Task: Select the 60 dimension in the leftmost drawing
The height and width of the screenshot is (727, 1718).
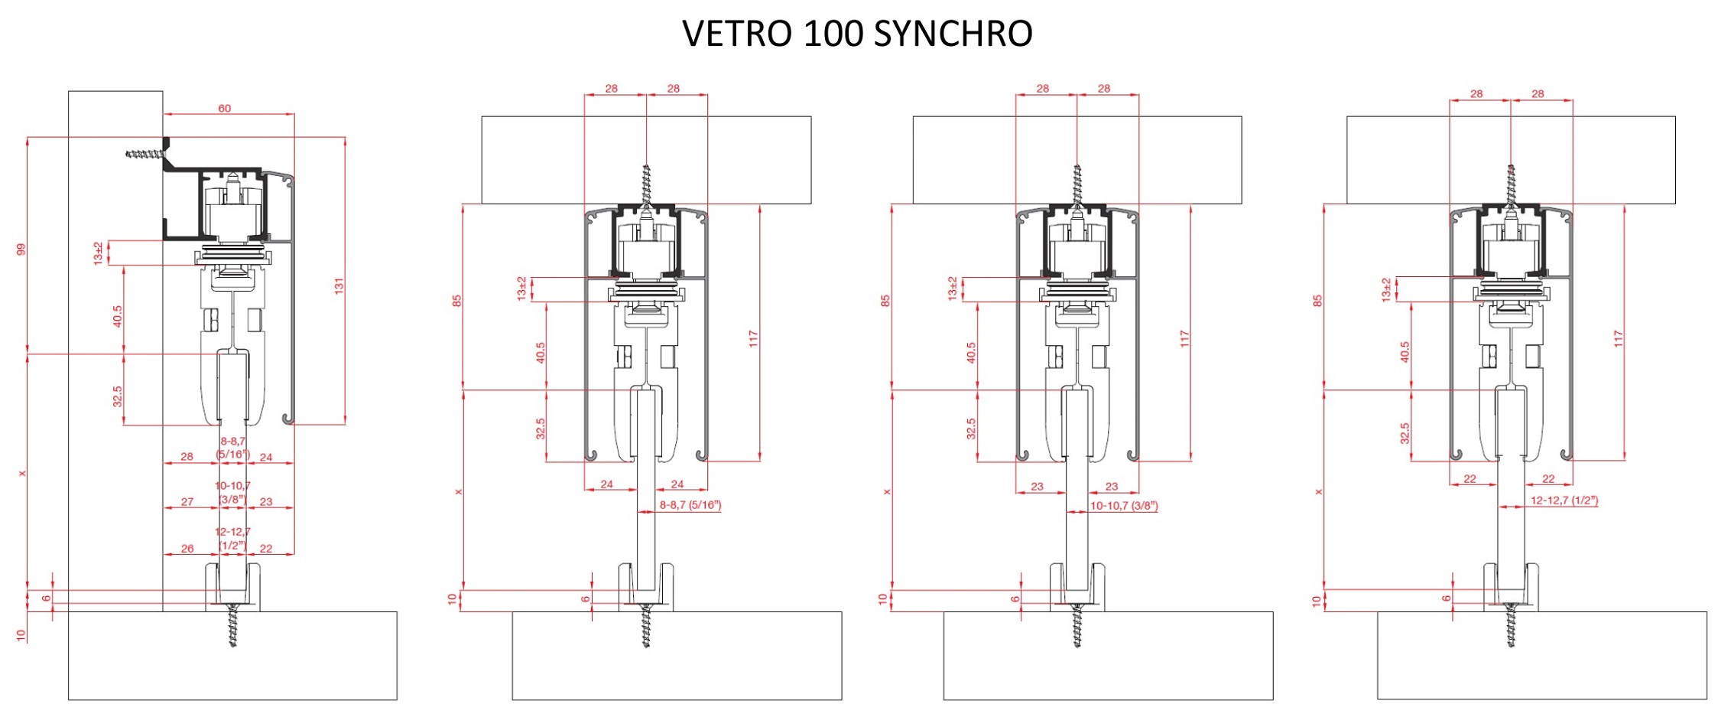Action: click(224, 108)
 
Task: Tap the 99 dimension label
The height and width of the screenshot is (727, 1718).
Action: click(21, 249)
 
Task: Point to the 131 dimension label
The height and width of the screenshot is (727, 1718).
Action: click(339, 286)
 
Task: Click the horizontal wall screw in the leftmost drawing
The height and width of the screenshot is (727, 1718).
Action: click(147, 155)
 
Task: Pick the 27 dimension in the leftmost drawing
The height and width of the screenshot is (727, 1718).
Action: click(187, 502)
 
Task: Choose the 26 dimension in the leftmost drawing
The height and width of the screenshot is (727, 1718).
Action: click(187, 549)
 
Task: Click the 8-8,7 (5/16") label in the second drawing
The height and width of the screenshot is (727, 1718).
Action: click(690, 505)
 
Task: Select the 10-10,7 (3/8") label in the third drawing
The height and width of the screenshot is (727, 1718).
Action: click(1123, 506)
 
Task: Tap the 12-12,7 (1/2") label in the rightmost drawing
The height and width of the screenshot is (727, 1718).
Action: click(1564, 500)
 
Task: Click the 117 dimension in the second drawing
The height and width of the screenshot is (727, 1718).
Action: click(753, 339)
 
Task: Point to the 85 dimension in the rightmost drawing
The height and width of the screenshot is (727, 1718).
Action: click(1317, 302)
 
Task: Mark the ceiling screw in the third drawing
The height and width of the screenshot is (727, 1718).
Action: click(1077, 185)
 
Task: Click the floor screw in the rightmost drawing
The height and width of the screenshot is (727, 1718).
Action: click(1511, 625)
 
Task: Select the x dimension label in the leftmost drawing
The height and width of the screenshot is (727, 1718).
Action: click(22, 474)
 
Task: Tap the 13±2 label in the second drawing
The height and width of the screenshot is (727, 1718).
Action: click(521, 289)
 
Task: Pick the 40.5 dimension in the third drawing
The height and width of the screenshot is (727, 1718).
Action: click(971, 353)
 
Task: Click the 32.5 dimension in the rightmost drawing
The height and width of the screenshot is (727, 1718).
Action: click(1405, 433)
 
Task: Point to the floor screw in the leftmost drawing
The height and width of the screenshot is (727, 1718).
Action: click(233, 625)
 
